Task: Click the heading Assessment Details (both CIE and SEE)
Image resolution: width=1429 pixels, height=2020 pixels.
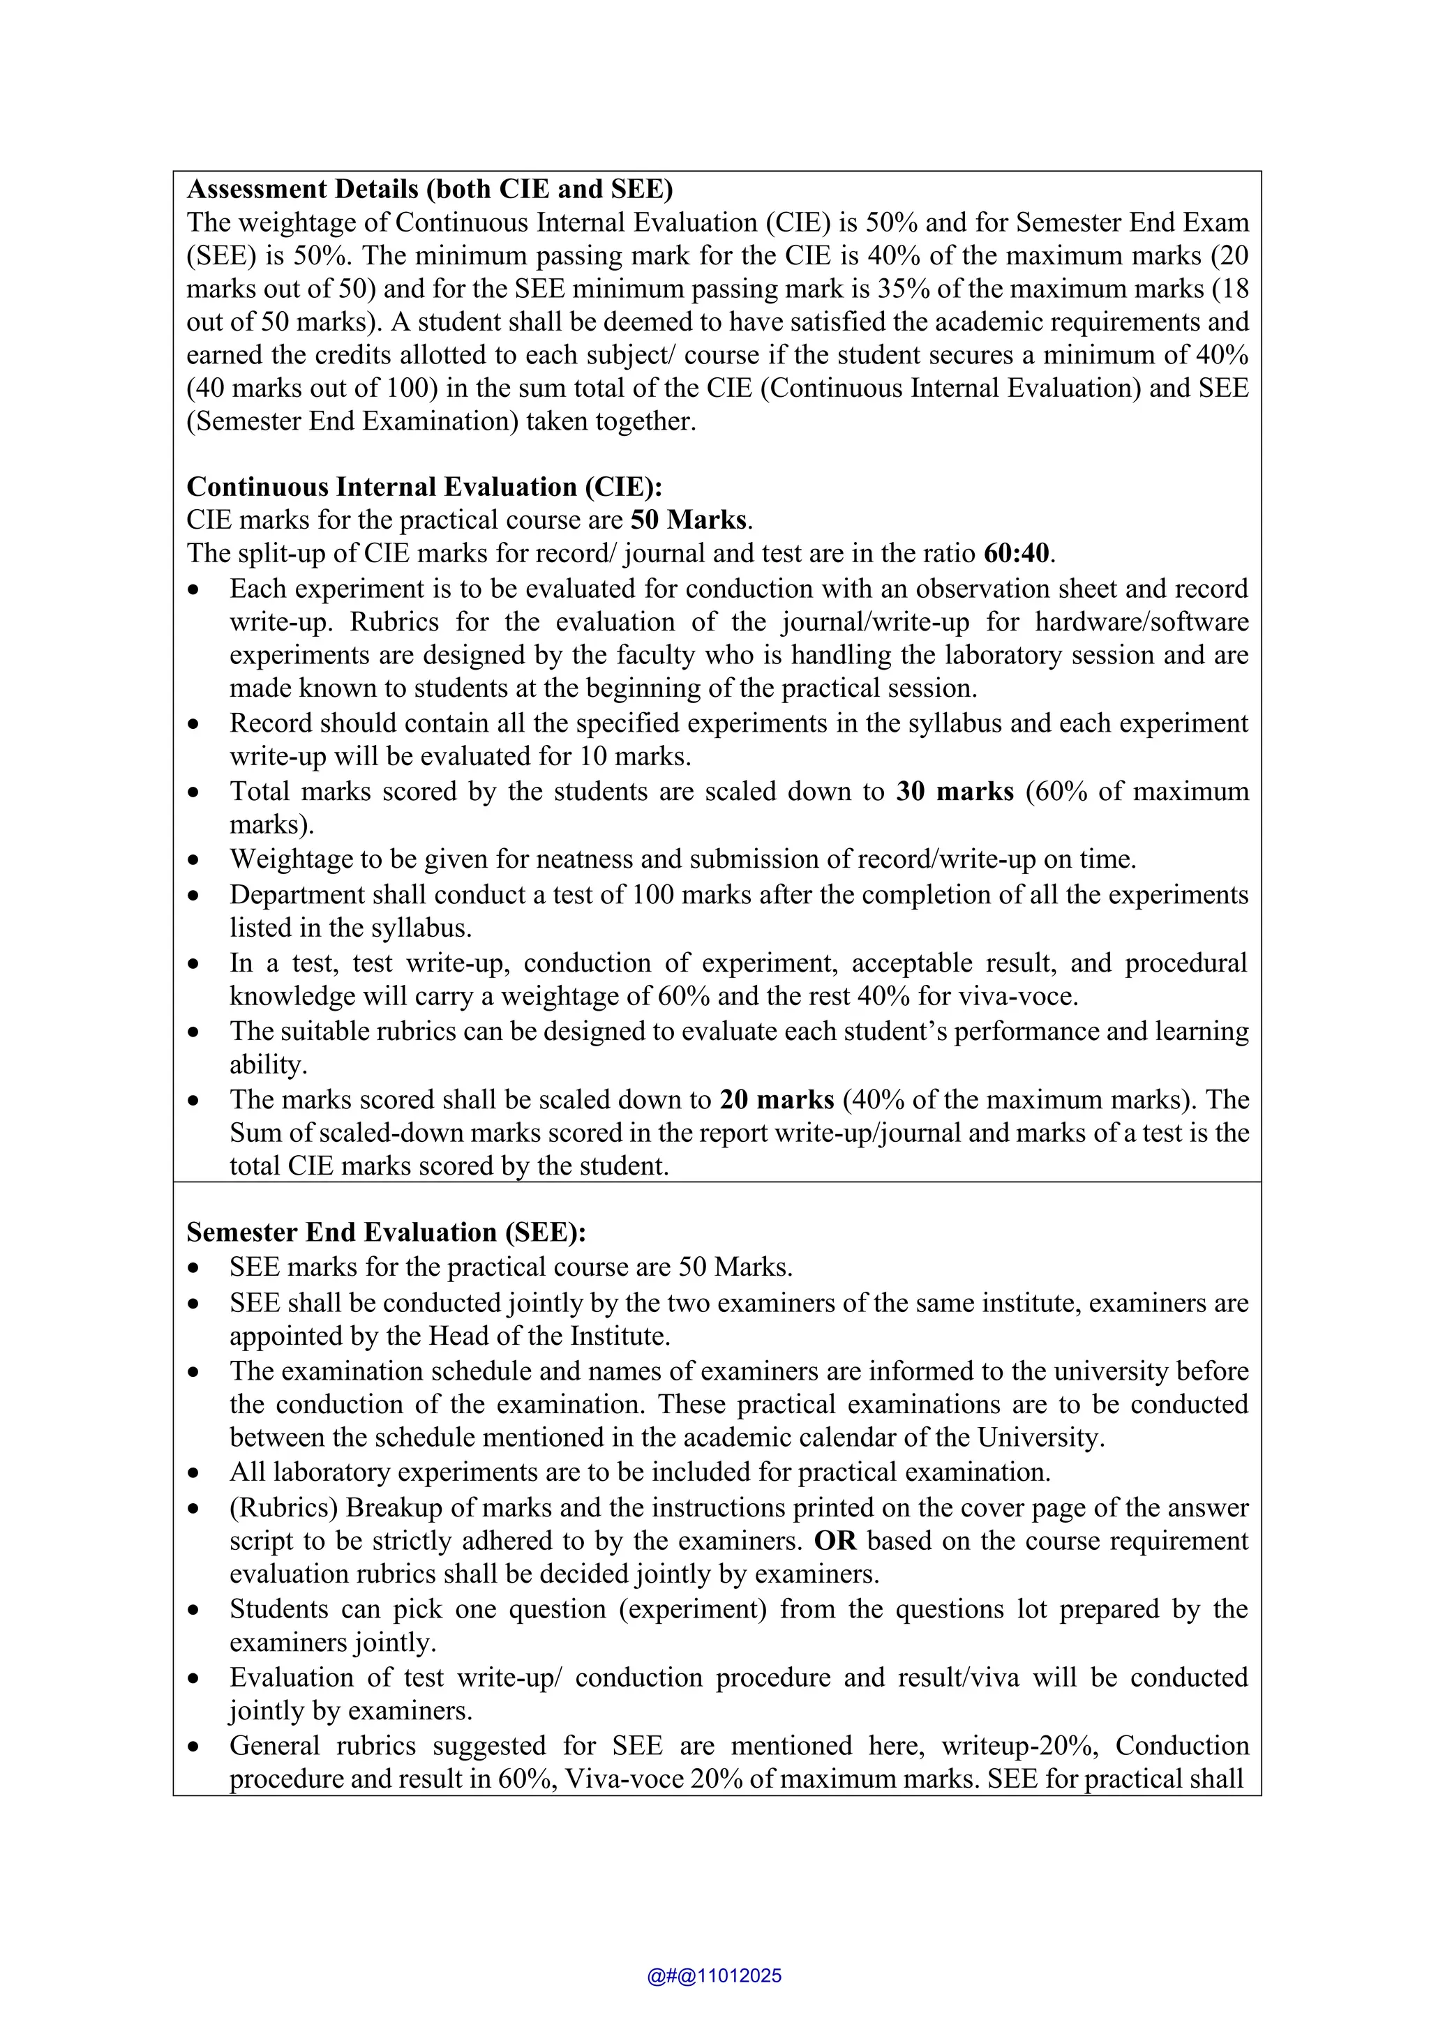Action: click(x=429, y=189)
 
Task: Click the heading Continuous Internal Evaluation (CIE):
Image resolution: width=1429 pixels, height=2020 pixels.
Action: click(x=424, y=487)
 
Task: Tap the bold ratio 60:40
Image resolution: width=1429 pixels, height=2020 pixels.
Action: click(x=1017, y=553)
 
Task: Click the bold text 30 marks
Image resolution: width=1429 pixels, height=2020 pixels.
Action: click(x=955, y=791)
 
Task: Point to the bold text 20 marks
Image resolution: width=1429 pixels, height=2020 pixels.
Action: click(x=776, y=1100)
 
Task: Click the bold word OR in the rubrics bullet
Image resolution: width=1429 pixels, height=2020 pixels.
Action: click(x=835, y=1541)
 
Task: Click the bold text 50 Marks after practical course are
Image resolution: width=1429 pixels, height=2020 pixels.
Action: click(x=689, y=520)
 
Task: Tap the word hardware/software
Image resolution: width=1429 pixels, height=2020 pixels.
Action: click(x=1142, y=622)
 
